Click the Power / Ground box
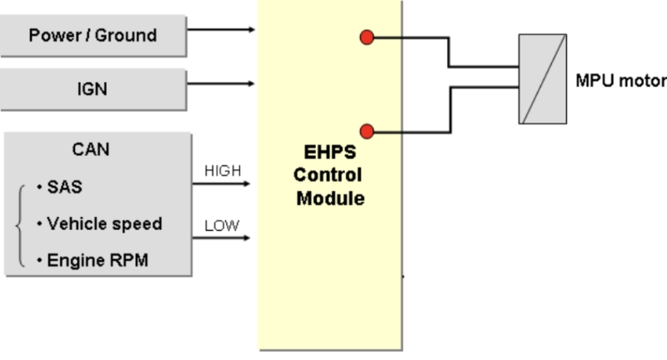click(93, 36)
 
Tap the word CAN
click(91, 150)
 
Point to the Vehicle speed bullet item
click(100, 223)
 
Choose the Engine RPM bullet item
click(93, 260)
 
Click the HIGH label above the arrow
click(222, 171)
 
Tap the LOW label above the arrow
click(222, 225)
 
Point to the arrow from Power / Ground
click(222, 30)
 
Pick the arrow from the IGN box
click(222, 83)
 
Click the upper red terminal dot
click(366, 37)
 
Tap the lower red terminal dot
click(366, 131)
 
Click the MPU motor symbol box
click(542, 79)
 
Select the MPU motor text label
click(620, 81)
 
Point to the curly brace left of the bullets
click(21, 224)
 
